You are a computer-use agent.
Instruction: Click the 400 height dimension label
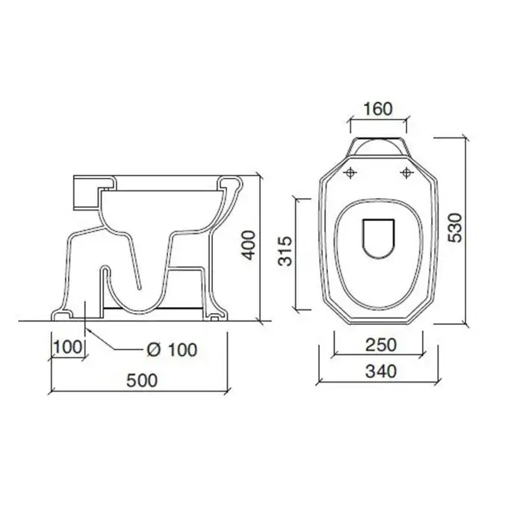click(249, 245)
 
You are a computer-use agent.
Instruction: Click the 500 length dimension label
click(142, 380)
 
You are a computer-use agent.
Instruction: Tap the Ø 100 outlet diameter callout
click(172, 350)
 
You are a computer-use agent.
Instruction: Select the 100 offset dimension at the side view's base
click(67, 347)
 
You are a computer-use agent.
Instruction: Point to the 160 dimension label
click(378, 109)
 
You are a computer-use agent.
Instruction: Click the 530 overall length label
click(455, 227)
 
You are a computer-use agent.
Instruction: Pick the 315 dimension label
click(285, 251)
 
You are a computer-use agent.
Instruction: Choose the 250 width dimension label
click(381, 344)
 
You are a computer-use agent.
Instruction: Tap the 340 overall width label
click(381, 371)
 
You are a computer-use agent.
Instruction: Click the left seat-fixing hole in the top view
click(350, 173)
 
